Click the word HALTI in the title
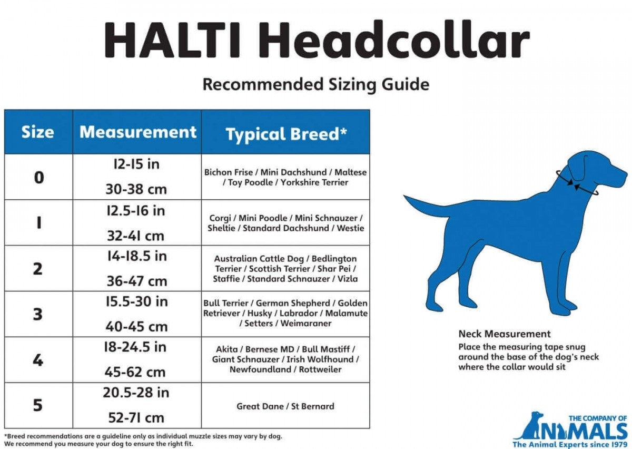click(x=172, y=40)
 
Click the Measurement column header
click(x=137, y=132)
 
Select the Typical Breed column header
click(x=286, y=134)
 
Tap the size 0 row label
click(x=39, y=178)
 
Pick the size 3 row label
click(x=38, y=314)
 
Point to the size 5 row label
click(x=38, y=405)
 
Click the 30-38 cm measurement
click(x=136, y=189)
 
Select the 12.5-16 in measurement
click(x=136, y=211)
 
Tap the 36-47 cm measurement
click(x=137, y=281)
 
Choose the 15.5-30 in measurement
click(x=137, y=301)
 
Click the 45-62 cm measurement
click(x=135, y=372)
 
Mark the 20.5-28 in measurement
click(x=136, y=393)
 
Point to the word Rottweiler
click(x=320, y=369)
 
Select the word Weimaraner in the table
click(x=306, y=323)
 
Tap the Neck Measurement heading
click(x=505, y=334)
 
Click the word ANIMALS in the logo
click(x=570, y=430)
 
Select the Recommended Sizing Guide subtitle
click(x=316, y=84)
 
